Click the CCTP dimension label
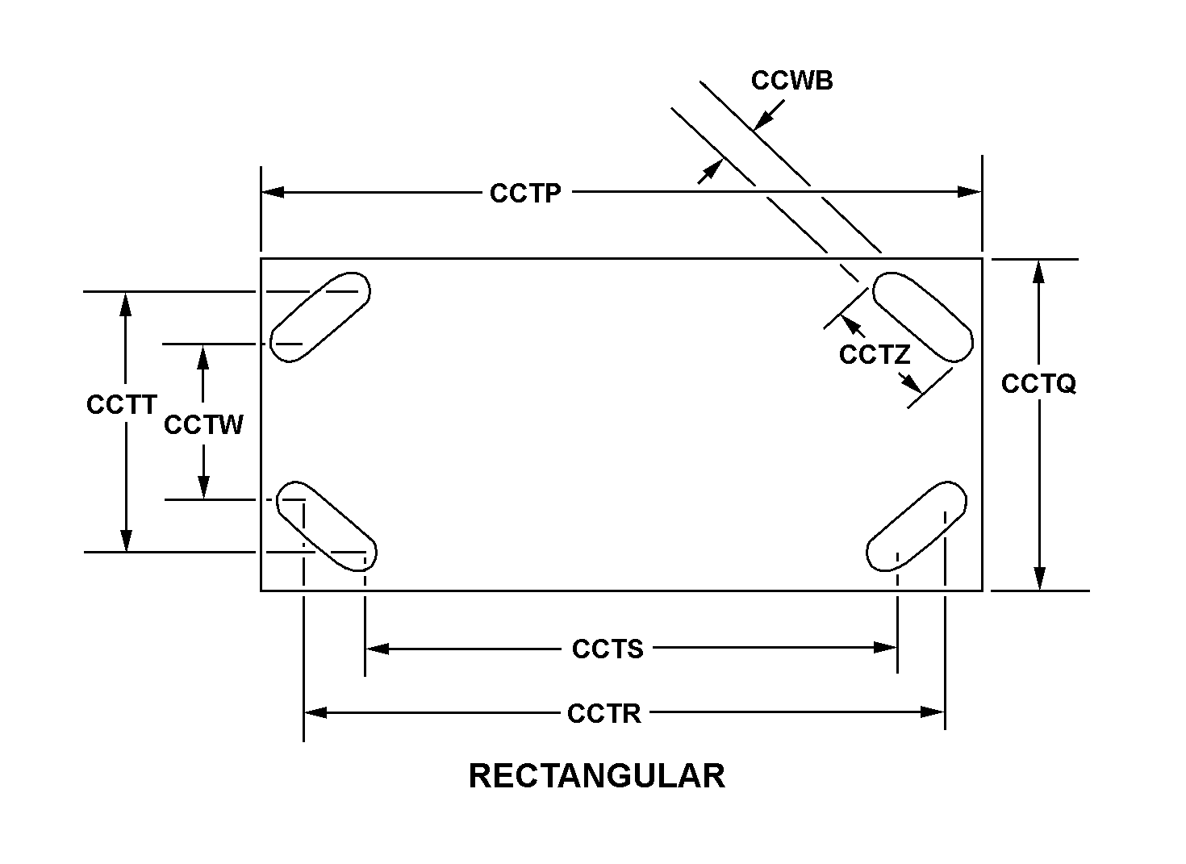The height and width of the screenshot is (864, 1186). (x=525, y=194)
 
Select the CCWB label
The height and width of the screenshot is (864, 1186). (x=791, y=81)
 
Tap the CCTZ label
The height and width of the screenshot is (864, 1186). (x=875, y=354)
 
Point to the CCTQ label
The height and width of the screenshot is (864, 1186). (x=1038, y=384)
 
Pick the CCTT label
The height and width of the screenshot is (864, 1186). (x=121, y=404)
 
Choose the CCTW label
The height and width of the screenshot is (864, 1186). (x=203, y=424)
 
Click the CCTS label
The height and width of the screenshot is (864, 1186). (x=608, y=649)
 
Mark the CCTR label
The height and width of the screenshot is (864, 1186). (x=604, y=713)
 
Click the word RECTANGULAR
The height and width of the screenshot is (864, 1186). (x=596, y=776)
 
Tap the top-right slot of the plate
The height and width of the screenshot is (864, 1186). (x=923, y=317)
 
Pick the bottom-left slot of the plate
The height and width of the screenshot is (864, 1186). (x=327, y=526)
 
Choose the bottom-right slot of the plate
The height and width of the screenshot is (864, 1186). (x=917, y=526)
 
